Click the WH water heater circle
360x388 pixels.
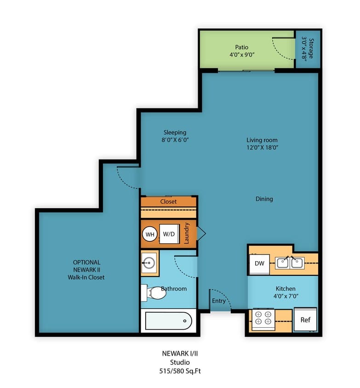[150, 234]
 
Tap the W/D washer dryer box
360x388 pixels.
[169, 234]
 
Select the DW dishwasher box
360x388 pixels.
[259, 264]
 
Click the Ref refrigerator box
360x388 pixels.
[305, 320]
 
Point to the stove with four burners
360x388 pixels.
[263, 320]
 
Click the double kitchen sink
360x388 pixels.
[290, 263]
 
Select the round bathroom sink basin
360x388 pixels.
[149, 263]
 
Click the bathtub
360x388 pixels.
[168, 321]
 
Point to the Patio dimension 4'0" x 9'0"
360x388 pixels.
[242, 55]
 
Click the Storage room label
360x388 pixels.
[311, 48]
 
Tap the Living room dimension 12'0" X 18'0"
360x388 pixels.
[262, 148]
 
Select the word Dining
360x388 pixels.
[264, 199]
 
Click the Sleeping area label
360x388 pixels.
[175, 132]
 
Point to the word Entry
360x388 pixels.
[219, 301]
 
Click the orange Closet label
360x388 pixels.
[168, 202]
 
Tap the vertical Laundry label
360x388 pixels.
[186, 233]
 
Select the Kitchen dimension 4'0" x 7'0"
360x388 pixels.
[286, 296]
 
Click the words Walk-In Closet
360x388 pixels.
[86, 277]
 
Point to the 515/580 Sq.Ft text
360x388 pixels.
[180, 371]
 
